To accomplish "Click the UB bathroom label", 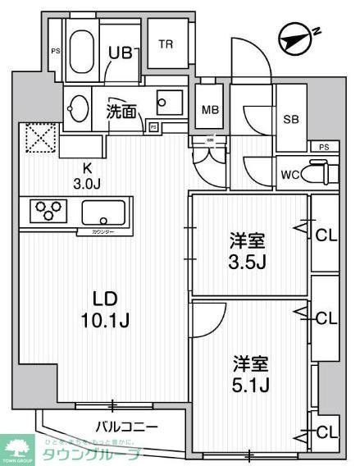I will click(121, 53).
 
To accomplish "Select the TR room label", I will click(166, 45).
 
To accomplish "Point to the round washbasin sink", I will click(80, 107).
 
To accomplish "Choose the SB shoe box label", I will click(290, 120).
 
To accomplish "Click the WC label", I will click(289, 174).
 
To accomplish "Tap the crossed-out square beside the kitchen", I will click(38, 138).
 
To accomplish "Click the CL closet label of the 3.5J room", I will click(326, 235).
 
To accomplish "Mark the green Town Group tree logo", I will click(16, 448).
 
